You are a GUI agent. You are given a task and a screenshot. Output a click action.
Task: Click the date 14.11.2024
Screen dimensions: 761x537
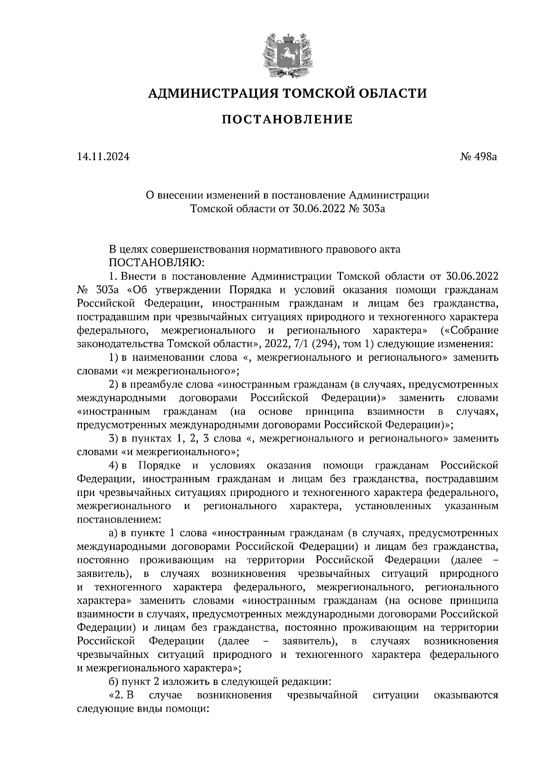click(x=103, y=157)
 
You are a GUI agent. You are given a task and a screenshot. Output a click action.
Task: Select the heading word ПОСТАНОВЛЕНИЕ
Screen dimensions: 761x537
click(x=287, y=120)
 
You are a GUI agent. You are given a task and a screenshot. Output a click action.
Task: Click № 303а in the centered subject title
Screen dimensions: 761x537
click(x=366, y=209)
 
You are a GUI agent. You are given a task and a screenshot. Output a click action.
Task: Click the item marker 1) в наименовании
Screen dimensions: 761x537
click(x=113, y=358)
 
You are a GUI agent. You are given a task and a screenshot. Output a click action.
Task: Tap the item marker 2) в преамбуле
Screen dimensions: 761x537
click(x=113, y=385)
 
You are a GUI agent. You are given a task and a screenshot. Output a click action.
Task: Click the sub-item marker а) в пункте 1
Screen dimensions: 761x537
click(x=113, y=533)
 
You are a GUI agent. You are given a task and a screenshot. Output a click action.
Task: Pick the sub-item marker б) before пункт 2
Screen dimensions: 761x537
click(x=113, y=682)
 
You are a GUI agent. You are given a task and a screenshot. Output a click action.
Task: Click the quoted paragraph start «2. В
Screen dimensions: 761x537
click(x=122, y=696)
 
